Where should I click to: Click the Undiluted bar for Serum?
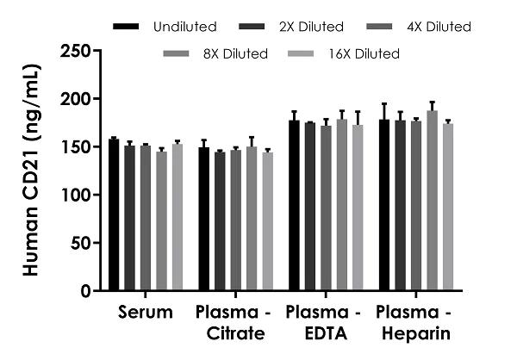click(x=114, y=214)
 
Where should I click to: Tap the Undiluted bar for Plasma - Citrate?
click(x=203, y=219)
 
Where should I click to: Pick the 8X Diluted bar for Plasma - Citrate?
click(x=251, y=219)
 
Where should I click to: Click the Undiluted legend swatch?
click(x=128, y=27)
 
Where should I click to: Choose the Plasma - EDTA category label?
click(x=325, y=320)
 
